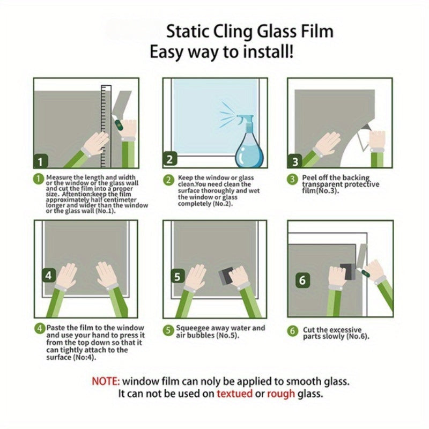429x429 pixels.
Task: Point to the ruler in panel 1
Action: [x=106, y=127]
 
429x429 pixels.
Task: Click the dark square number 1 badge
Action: [x=41, y=161]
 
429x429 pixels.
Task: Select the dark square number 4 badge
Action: [x=49, y=275]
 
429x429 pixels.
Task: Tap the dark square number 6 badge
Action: [x=302, y=280]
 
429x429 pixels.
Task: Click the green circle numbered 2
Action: [x=168, y=180]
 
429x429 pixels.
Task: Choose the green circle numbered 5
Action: [x=168, y=330]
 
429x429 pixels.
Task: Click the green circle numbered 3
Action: [x=292, y=180]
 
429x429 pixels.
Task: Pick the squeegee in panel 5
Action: [x=226, y=276]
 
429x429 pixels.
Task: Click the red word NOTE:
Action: [x=106, y=381]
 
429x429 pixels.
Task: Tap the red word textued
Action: [x=234, y=394]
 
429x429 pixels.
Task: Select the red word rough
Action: [x=281, y=394]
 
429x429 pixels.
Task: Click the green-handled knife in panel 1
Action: [x=117, y=123]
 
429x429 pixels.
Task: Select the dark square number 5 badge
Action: [x=177, y=277]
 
